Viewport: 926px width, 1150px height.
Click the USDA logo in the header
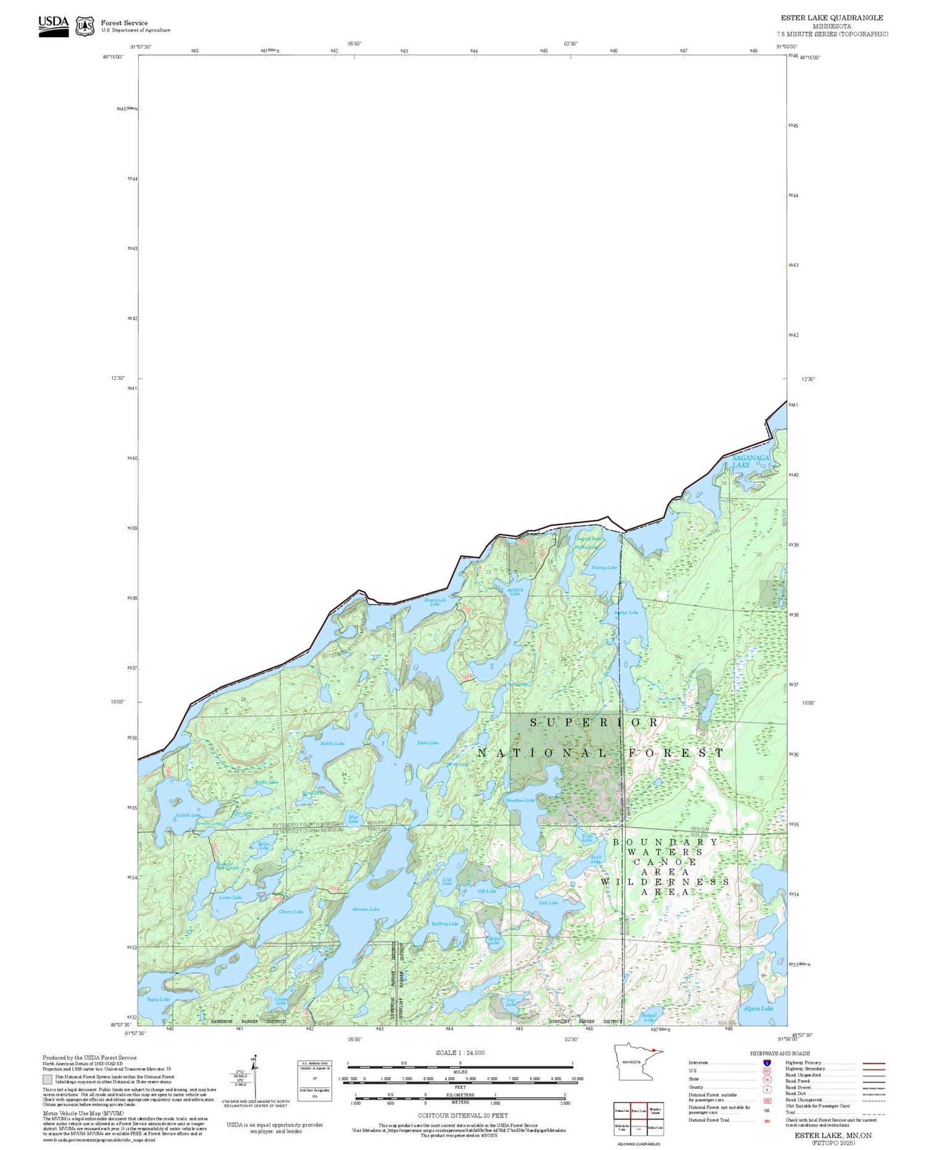pyautogui.click(x=54, y=26)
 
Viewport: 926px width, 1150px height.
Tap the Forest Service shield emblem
pyautogui.click(x=85, y=27)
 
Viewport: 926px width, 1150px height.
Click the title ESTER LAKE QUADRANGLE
pyautogui.click(x=832, y=18)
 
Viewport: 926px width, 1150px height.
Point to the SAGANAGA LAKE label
pyautogui.click(x=750, y=461)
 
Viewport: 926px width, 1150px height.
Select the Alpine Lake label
pyautogui.click(x=757, y=1008)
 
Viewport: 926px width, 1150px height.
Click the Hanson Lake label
pyautogui.click(x=365, y=909)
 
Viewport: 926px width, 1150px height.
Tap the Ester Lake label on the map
pyautogui.click(x=428, y=742)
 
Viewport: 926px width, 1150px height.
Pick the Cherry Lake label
pyautogui.click(x=291, y=912)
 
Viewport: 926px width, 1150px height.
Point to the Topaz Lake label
pyautogui.click(x=158, y=999)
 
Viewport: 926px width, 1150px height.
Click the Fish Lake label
pyautogui.click(x=548, y=902)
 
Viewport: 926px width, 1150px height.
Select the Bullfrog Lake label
pyautogui.click(x=444, y=923)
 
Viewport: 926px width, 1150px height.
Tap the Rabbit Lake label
pyautogui.click(x=332, y=743)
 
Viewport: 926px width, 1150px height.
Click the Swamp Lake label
pyautogui.click(x=603, y=567)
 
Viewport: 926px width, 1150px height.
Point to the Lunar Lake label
pyautogui.click(x=230, y=897)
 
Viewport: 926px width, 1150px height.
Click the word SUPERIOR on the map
pyautogui.click(x=594, y=722)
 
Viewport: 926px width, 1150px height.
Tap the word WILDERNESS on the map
pyautogui.click(x=665, y=881)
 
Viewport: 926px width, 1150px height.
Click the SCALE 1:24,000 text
pyautogui.click(x=460, y=1052)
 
